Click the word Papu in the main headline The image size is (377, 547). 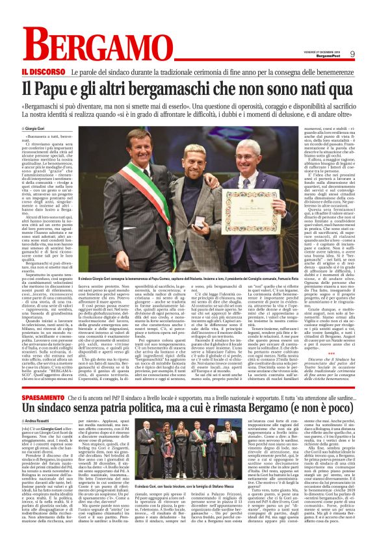click(66, 87)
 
